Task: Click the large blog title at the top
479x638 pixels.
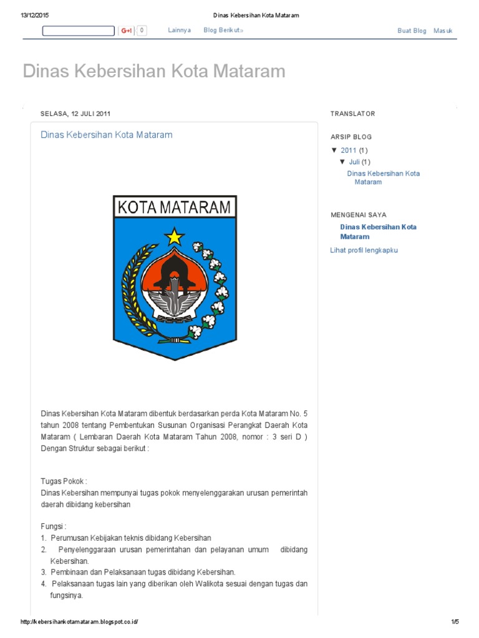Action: tap(154, 71)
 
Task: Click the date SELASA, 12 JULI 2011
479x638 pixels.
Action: tap(75, 113)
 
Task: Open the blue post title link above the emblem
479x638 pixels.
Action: tap(106, 135)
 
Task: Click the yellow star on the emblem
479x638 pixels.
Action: tap(175, 236)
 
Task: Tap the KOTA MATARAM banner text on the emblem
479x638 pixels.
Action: tap(175, 207)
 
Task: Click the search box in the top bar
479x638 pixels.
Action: tap(79, 31)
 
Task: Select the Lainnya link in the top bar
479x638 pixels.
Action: tap(180, 31)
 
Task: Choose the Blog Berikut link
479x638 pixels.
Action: tap(223, 31)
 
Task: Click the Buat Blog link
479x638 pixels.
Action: tap(412, 31)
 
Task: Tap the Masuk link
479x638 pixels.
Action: tap(443, 31)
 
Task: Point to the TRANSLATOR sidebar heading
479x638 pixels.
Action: tap(352, 113)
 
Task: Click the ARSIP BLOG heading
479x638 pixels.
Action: tap(351, 136)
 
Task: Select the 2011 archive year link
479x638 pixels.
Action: tap(349, 150)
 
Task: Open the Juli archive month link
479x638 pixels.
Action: tap(354, 162)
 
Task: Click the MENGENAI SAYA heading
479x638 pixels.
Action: tap(358, 215)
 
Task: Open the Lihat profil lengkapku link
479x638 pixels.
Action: tap(364, 250)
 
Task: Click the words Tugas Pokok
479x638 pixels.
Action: tap(64, 482)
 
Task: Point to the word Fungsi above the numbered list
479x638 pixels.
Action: tap(53, 526)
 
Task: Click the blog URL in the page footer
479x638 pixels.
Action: tap(79, 622)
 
